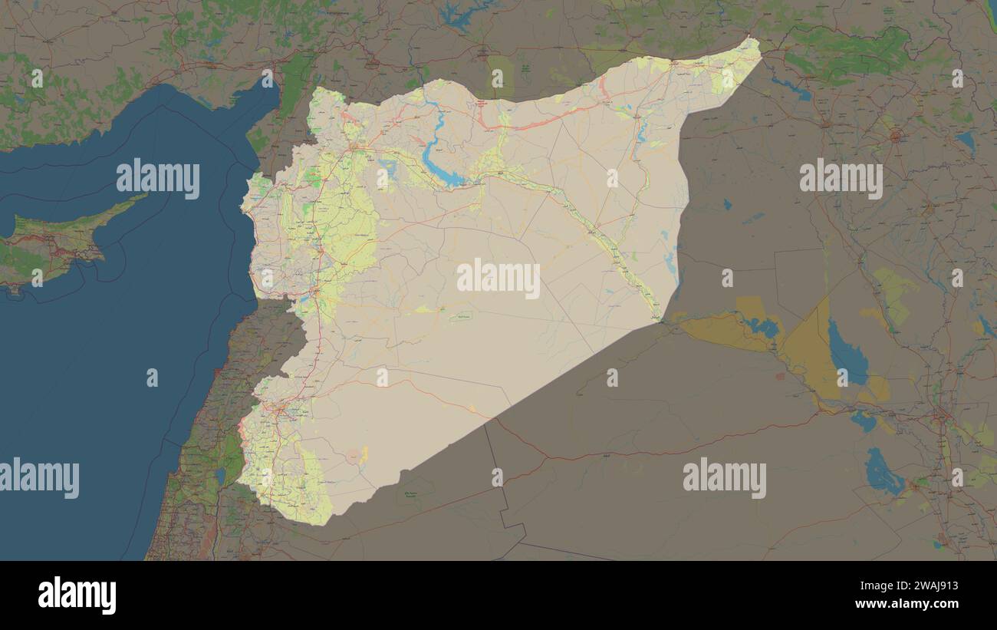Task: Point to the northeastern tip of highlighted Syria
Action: [x=755, y=42]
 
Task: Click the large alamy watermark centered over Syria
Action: [x=498, y=278]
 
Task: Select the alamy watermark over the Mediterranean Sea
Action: [x=158, y=179]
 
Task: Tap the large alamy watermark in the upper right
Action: [x=841, y=179]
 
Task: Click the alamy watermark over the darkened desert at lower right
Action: [x=724, y=477]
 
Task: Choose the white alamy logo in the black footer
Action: [x=77, y=595]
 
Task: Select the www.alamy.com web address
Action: [x=914, y=604]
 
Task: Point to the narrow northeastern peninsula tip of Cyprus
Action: [x=143, y=197]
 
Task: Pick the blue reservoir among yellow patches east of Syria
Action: [x=761, y=327]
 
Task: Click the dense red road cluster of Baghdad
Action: [x=940, y=414]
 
